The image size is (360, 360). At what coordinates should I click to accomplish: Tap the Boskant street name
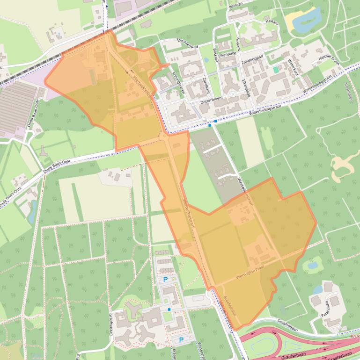point(215,55)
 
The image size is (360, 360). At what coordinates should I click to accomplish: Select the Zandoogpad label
point(252,59)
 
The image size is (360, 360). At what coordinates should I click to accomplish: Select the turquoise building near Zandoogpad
point(276,70)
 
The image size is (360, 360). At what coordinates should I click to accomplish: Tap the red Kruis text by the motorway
point(354,336)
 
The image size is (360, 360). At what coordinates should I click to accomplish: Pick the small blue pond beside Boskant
point(206,60)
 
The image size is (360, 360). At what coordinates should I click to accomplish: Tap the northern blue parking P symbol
point(165,279)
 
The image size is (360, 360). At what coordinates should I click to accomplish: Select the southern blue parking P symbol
point(181,340)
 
